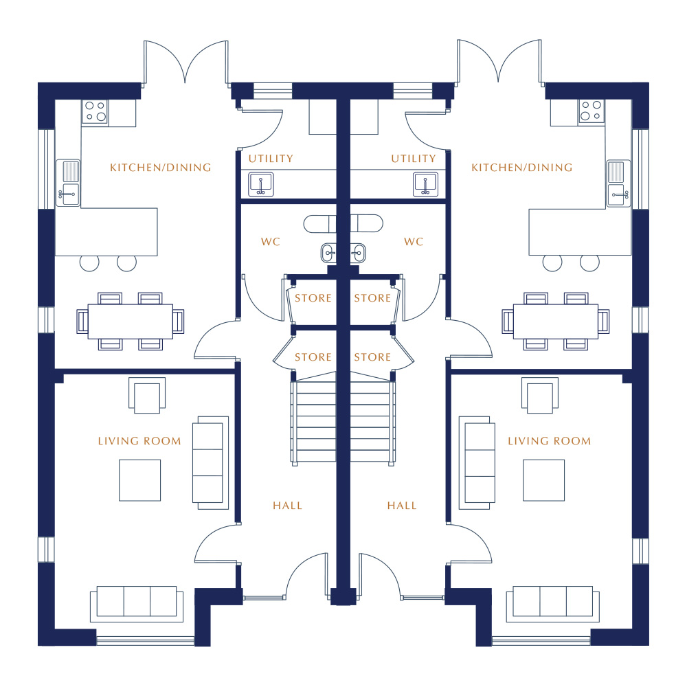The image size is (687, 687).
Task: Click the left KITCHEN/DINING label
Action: coord(160,168)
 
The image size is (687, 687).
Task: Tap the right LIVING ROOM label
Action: coord(549,441)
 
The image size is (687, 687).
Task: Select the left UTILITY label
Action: coord(271,159)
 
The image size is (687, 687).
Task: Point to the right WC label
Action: coord(414,242)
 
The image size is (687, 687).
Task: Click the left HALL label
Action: coord(287,506)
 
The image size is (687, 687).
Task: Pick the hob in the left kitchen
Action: coord(95,111)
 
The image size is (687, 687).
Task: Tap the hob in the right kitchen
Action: coord(591,111)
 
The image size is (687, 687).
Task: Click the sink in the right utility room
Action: coord(425,184)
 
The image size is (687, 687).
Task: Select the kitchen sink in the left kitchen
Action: coord(68,183)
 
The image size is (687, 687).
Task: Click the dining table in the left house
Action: coord(130,322)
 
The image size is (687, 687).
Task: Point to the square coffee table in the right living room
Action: coord(543,480)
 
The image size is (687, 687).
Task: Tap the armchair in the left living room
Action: coord(147,395)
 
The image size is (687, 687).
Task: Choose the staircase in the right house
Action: coord(373,420)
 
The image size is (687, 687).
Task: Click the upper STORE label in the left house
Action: coord(313,298)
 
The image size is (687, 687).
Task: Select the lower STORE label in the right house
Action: coord(372,357)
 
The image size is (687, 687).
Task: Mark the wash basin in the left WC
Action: coord(328,254)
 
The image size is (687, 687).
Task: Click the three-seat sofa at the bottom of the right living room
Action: coord(552,604)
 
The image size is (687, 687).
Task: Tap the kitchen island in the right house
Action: coord(580,232)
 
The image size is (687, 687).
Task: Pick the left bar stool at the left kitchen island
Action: coord(89,262)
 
